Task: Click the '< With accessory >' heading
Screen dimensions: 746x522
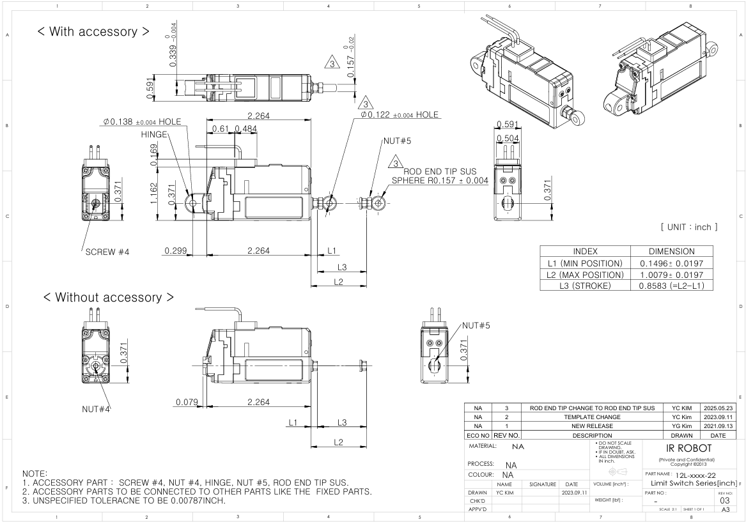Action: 93,31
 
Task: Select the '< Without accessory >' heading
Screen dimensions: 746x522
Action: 109,297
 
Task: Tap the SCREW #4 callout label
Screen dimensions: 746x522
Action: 107,252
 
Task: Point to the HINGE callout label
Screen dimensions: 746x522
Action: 154,135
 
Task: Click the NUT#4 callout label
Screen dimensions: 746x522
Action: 96,409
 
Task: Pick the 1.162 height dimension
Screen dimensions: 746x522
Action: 153,194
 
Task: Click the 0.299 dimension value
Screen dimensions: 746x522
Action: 176,250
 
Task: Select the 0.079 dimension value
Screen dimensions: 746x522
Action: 187,402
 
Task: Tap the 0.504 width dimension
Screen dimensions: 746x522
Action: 508,139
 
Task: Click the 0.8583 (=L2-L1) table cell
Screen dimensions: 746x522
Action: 672,286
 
